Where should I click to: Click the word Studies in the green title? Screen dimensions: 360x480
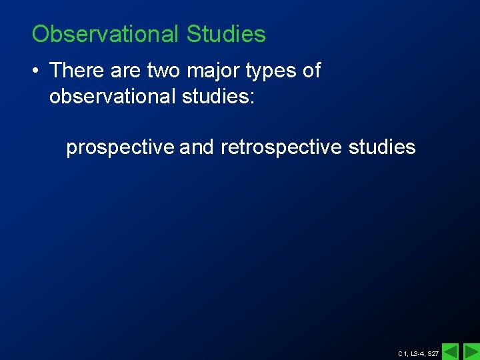226,34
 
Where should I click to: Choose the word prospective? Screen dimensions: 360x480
121,148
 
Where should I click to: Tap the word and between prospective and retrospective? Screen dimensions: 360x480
197,147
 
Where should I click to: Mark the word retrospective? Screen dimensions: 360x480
281,148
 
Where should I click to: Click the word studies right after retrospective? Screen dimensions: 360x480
382,147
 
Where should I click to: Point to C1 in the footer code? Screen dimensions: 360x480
402,353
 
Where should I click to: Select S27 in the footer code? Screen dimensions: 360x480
433,353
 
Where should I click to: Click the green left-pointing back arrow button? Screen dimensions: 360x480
451,351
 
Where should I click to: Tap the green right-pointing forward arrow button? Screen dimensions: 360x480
471,351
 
